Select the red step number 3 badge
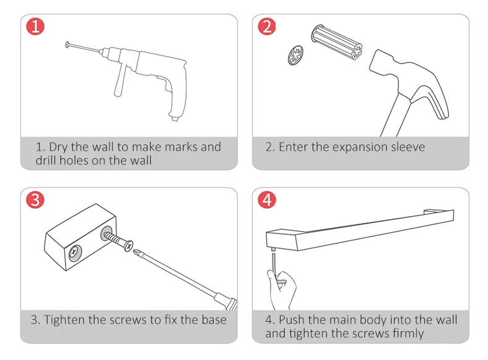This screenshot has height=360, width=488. tap(35, 200)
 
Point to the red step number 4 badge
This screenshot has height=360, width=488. tap(267, 200)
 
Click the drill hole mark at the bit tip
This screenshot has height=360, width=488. tap(67, 44)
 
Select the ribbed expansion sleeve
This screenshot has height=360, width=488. tap(338, 41)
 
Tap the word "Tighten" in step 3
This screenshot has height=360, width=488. tap(67, 320)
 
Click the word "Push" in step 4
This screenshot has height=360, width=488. tap(292, 320)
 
